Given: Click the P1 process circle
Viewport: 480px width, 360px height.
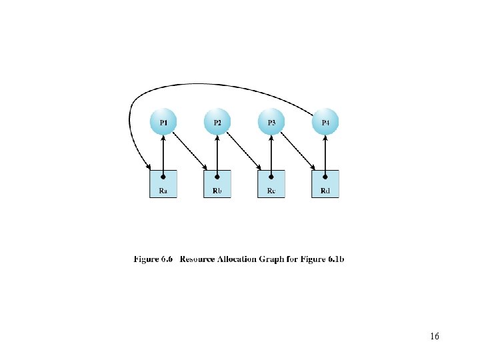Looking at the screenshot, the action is [163, 123].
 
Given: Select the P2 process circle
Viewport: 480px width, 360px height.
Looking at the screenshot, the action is [217, 123].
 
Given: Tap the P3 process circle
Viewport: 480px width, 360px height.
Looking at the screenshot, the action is [271, 123].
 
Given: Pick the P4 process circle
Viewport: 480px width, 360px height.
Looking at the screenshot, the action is [325, 123].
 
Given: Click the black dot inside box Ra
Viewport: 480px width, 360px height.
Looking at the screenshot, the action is [163, 177].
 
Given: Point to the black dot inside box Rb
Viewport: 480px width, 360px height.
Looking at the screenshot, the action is [217, 177].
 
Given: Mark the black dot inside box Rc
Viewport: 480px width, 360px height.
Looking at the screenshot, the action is [271, 177].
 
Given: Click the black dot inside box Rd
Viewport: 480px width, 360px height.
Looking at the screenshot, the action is [325, 177].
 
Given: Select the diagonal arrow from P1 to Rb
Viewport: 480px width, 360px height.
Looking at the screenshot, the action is [190, 151].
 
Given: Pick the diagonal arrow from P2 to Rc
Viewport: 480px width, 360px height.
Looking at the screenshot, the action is [244, 151].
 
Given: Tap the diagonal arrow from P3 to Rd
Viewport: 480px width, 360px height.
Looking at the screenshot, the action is [298, 151].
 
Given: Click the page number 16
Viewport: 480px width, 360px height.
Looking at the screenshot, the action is [435, 337].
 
